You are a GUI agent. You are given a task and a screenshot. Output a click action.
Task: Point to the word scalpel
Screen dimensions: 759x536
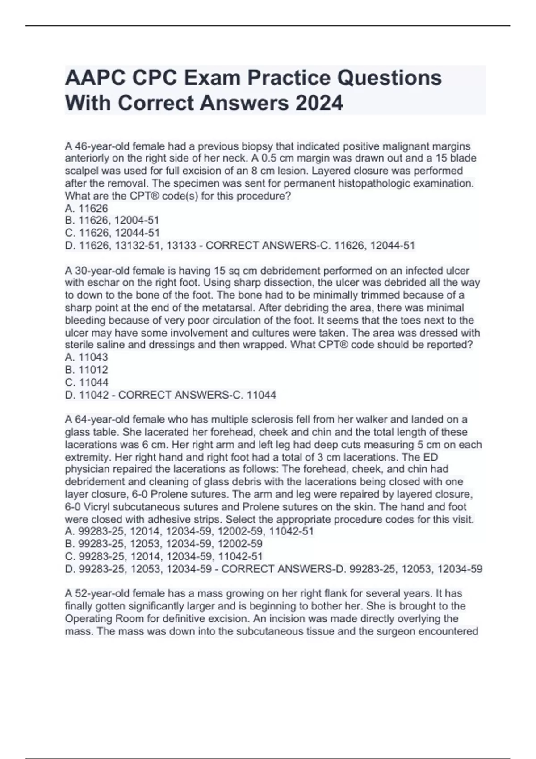(80, 171)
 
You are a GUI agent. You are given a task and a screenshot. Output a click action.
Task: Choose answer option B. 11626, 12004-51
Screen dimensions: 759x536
(112, 220)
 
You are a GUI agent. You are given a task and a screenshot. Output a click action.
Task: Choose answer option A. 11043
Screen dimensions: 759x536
(87, 357)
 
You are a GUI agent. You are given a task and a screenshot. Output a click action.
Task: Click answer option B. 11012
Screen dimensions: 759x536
(87, 370)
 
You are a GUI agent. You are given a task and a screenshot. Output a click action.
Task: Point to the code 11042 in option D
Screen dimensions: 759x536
(93, 395)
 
